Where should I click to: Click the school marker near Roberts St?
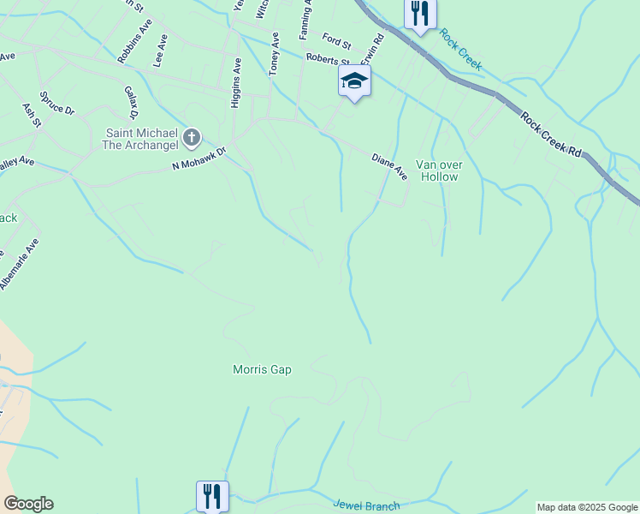coord(354,82)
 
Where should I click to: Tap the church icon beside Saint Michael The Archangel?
coord(192,136)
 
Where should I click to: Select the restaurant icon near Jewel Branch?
coord(212,495)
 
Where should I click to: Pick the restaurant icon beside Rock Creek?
coord(420,14)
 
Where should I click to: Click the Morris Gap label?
coord(262,369)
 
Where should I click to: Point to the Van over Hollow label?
coord(437,170)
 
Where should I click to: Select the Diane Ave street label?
coord(389,166)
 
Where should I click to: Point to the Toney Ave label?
coord(274,54)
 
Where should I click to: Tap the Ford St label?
coord(336,40)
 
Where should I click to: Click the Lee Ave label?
coord(158,57)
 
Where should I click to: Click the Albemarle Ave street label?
coord(19,263)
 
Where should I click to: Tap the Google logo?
coord(28,503)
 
